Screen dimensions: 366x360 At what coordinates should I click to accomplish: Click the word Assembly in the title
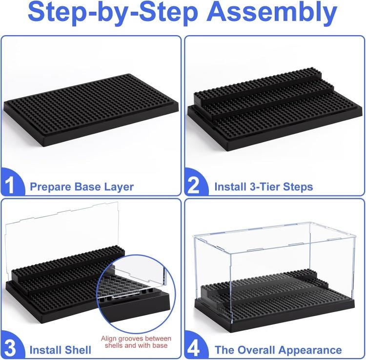pos(272,12)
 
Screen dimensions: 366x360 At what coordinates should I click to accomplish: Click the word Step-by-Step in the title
pos(113,12)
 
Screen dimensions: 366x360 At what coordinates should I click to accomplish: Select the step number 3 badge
pos(12,346)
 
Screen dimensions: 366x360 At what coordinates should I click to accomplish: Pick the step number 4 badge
pos(196,346)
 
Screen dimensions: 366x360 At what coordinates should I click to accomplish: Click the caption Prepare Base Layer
pos(81,187)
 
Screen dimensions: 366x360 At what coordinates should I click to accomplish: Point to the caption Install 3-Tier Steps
pos(264,187)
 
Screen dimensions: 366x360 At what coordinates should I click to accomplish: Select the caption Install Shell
pos(60,350)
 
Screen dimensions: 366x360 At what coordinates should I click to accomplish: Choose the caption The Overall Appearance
pos(278,350)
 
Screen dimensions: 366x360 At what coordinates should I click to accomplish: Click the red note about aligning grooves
pos(136,342)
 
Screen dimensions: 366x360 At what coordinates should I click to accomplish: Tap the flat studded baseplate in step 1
pos(91,110)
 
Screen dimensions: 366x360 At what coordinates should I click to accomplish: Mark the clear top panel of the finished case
pos(275,237)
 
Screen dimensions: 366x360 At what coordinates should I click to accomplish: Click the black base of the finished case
pos(274,308)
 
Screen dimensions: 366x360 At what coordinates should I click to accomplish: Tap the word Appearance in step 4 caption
pos(310,350)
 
